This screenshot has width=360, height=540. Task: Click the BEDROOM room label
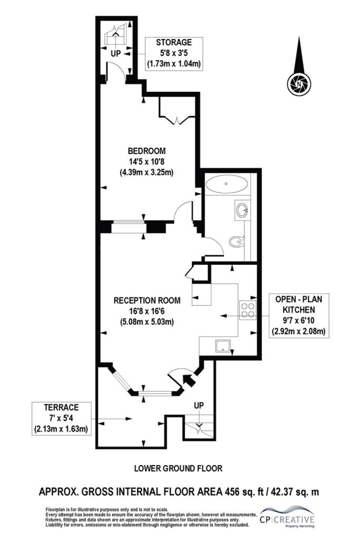(147, 151)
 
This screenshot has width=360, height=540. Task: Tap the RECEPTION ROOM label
(147, 300)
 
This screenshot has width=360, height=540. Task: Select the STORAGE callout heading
(174, 42)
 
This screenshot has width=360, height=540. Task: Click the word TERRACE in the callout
(61, 408)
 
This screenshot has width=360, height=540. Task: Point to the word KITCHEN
(300, 309)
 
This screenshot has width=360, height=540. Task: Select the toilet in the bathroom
(237, 242)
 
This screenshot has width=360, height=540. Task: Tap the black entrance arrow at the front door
(188, 380)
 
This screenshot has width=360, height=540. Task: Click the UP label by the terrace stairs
(199, 406)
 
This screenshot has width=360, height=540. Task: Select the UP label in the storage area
(115, 54)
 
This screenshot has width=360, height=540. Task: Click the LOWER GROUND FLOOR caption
(178, 468)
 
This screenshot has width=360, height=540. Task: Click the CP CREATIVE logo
(287, 517)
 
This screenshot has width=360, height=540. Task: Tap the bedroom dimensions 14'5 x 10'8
(147, 161)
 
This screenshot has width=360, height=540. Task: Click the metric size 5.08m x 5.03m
(147, 322)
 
